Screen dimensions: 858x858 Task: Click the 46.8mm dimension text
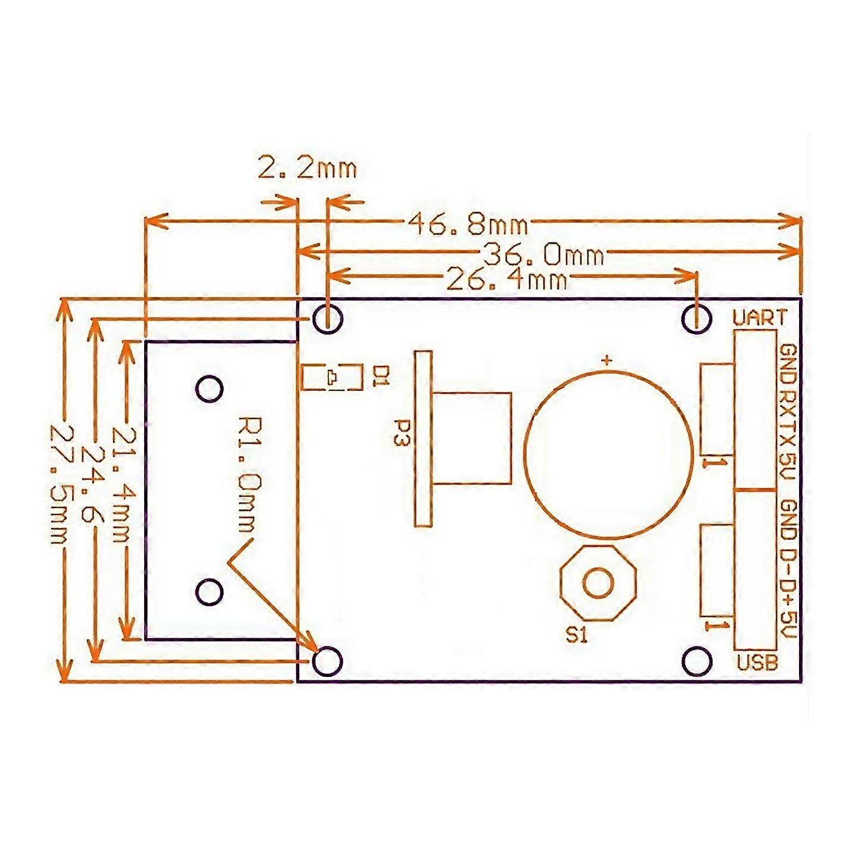tap(468, 225)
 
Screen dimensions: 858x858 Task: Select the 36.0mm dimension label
tap(543, 254)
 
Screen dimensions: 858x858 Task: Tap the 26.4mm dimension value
tap(506, 279)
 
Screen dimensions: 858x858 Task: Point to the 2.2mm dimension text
tap(307, 168)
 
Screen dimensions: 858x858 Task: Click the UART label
tap(760, 318)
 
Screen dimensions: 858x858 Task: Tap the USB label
tap(757, 662)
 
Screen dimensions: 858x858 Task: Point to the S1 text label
tap(576, 636)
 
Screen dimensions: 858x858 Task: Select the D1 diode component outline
tap(332, 377)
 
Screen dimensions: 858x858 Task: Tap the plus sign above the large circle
tap(607, 360)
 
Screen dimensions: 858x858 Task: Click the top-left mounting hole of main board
tap(328, 318)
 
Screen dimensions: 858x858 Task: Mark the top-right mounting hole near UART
tap(697, 318)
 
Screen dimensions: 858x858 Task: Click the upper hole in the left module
tap(209, 388)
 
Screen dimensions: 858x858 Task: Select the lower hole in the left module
tap(209, 591)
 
